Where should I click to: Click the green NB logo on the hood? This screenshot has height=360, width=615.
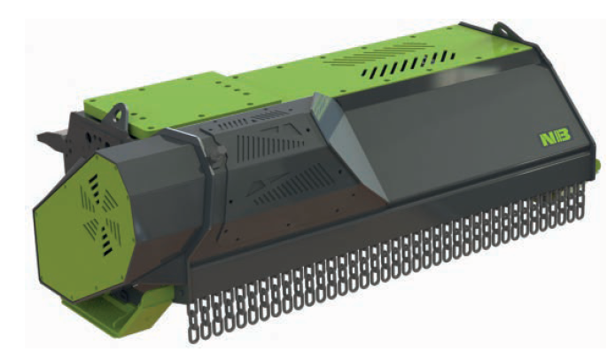tap(555, 138)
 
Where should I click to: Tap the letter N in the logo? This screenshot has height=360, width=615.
tap(547, 139)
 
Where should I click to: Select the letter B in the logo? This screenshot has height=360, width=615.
tap(563, 137)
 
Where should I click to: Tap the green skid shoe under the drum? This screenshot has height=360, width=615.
tap(113, 314)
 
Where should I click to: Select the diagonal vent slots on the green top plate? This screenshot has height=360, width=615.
tap(408, 65)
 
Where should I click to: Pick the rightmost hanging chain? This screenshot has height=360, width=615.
tap(581, 200)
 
